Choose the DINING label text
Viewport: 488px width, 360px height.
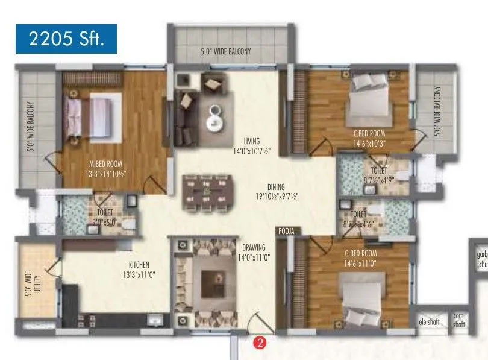277,187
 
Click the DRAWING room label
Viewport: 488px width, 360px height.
254,247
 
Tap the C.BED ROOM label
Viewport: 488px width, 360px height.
369,133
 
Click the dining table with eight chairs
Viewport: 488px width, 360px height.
206,194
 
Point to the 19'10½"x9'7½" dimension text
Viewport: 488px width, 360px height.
277,196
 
